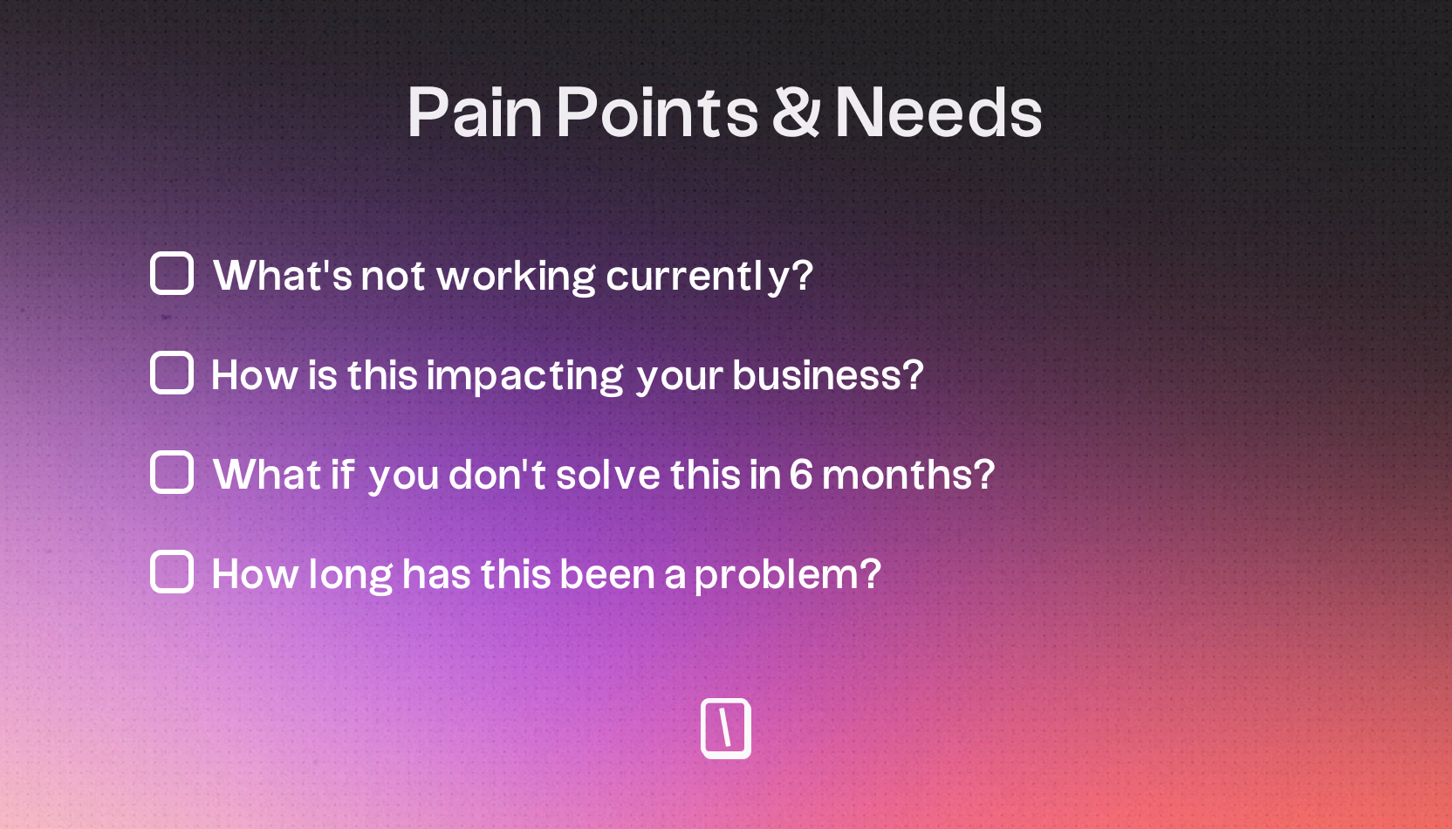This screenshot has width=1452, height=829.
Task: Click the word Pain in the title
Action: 475,113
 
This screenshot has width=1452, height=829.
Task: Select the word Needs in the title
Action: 938,113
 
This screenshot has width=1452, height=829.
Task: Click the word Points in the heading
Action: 657,113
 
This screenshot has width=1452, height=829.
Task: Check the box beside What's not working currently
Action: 172,273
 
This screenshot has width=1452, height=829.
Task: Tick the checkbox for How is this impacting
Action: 172,373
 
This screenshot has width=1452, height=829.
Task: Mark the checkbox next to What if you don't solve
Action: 172,472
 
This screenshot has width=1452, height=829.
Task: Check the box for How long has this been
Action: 172,572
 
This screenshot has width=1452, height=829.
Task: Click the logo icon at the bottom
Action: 726,728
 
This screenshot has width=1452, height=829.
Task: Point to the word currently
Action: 709,277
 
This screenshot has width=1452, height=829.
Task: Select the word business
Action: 826,376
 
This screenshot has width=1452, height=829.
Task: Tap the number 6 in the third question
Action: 801,476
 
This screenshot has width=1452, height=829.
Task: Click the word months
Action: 907,476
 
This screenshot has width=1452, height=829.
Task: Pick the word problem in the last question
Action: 787,576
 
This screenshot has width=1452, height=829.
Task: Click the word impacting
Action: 525,377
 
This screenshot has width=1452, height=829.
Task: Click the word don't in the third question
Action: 497,476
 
